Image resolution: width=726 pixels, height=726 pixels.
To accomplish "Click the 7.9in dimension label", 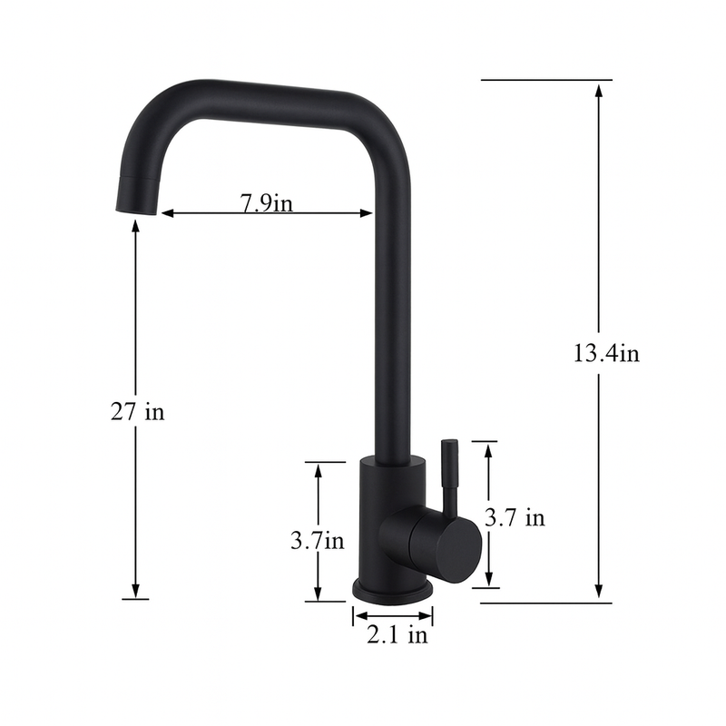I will (x=266, y=202).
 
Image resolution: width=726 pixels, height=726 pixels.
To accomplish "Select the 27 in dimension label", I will (x=137, y=411).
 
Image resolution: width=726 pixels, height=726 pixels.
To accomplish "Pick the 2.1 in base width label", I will (x=397, y=635).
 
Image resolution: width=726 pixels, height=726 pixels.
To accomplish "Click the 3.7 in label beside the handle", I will (x=515, y=518).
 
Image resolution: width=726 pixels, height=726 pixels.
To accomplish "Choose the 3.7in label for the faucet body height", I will (x=317, y=541).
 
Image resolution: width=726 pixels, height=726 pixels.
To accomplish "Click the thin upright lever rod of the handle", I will (x=448, y=472).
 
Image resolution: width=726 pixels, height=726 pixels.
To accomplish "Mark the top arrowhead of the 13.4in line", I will (x=599, y=89).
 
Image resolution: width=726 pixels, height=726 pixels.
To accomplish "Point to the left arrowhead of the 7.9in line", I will (x=168, y=214).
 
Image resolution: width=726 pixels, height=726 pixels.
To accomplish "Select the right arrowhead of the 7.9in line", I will (x=367, y=214).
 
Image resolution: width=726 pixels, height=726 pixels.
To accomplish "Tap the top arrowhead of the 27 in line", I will (x=135, y=227).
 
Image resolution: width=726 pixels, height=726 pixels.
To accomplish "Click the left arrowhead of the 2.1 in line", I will (x=358, y=617).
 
